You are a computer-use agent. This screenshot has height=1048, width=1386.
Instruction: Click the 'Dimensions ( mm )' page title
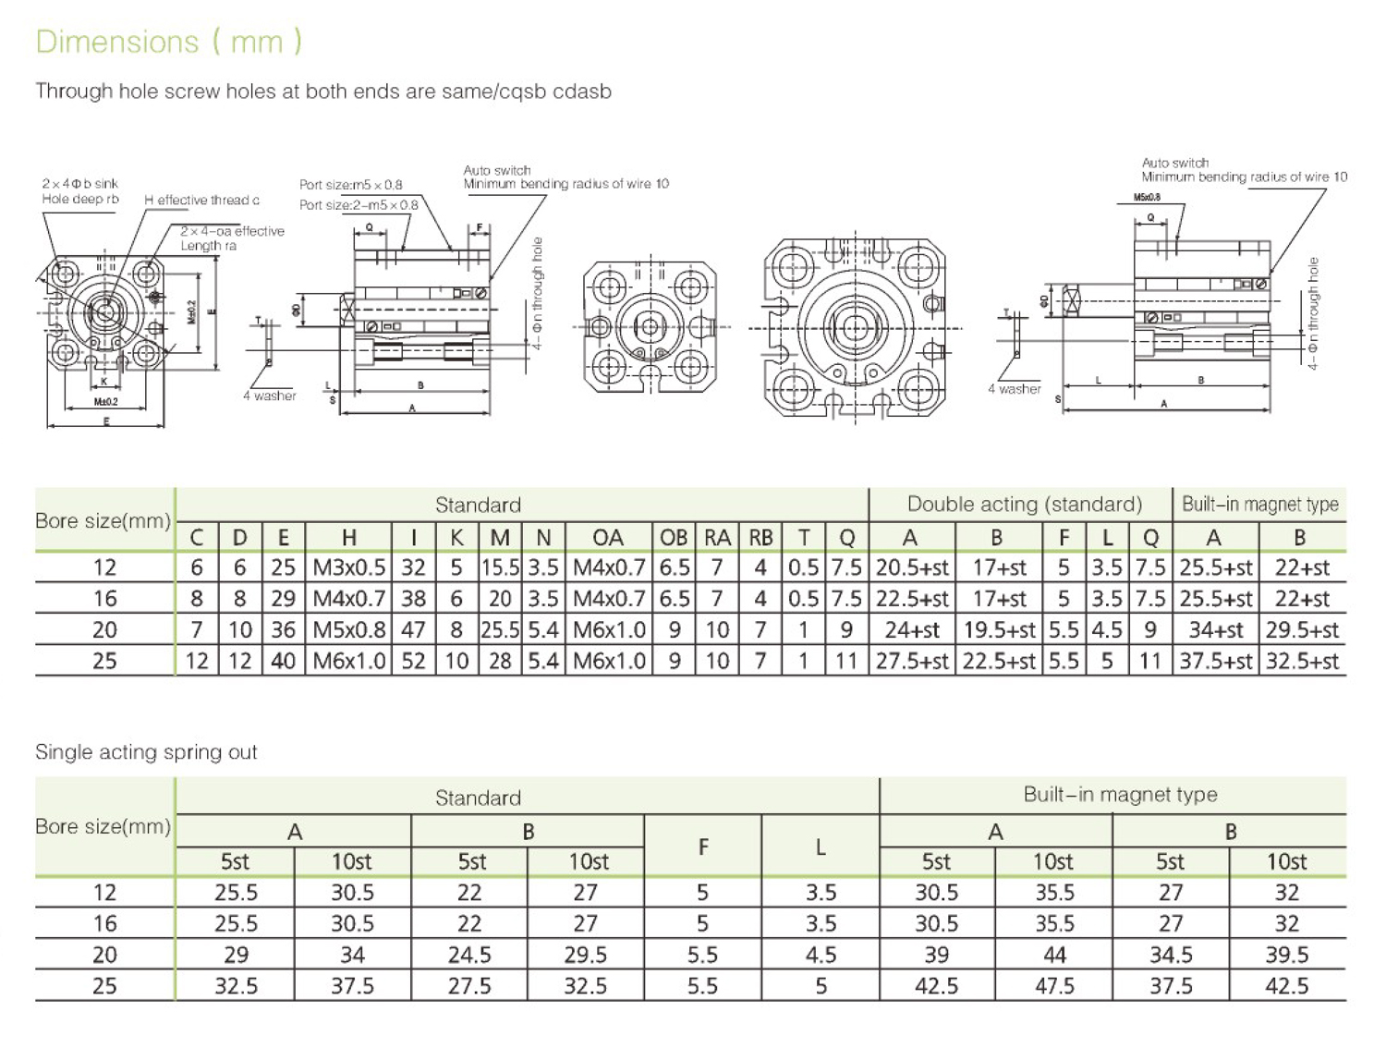[168, 43]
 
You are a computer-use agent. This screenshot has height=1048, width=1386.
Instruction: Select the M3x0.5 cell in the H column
[348, 567]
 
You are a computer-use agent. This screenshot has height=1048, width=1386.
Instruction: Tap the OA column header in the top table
[607, 538]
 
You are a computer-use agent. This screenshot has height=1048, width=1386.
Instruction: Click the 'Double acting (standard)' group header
[1024, 505]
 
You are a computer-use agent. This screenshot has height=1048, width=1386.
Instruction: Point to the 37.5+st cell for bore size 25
[1215, 662]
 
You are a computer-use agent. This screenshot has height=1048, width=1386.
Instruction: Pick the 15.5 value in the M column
[500, 567]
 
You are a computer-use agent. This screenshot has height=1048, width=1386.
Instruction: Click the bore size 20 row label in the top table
[104, 630]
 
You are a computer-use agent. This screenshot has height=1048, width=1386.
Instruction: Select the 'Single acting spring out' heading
[146, 752]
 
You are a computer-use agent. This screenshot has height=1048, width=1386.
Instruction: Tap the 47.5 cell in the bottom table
[1054, 986]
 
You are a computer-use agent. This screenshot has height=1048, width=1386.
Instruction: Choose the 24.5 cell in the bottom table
[469, 955]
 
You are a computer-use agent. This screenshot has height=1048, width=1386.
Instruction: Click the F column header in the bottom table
[702, 847]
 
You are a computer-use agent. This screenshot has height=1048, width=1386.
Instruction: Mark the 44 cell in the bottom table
[1054, 955]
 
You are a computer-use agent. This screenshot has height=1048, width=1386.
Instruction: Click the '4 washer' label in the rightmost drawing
[1014, 389]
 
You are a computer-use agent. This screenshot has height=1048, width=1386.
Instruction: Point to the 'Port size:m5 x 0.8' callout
[350, 185]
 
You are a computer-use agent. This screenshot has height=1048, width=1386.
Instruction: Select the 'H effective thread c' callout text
[201, 201]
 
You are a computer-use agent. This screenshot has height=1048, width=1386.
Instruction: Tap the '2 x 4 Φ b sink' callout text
[80, 184]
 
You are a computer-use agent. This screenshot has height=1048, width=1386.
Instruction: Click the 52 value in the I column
[413, 662]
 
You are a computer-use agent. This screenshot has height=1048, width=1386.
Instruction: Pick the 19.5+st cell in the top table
[999, 630]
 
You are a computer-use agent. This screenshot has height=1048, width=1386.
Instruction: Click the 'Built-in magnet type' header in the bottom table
[1119, 795]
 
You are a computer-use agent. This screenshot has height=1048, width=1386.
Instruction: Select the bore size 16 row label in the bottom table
[104, 923]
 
